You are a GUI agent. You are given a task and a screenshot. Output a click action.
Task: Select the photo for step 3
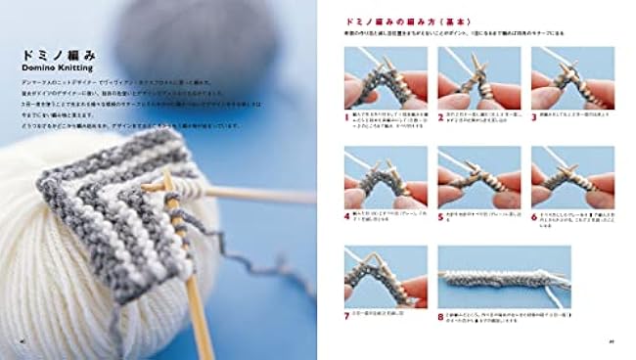pyautogui.click(x=573, y=77)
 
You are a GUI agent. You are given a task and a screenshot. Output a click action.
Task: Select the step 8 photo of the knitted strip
pyautogui.click(x=504, y=277)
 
